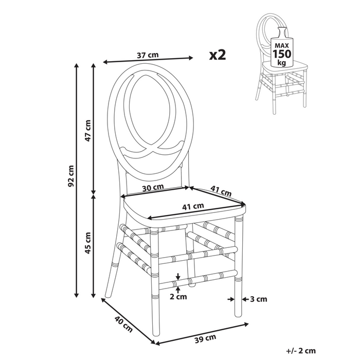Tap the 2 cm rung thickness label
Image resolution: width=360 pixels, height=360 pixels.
tap(177, 297)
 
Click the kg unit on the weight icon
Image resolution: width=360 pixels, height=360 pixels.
tap(281, 62)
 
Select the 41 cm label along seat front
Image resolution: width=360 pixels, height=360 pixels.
tap(193, 206)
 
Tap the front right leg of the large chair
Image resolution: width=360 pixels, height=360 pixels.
tap(238, 267)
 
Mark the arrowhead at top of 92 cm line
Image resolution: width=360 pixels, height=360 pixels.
tap(77, 65)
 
